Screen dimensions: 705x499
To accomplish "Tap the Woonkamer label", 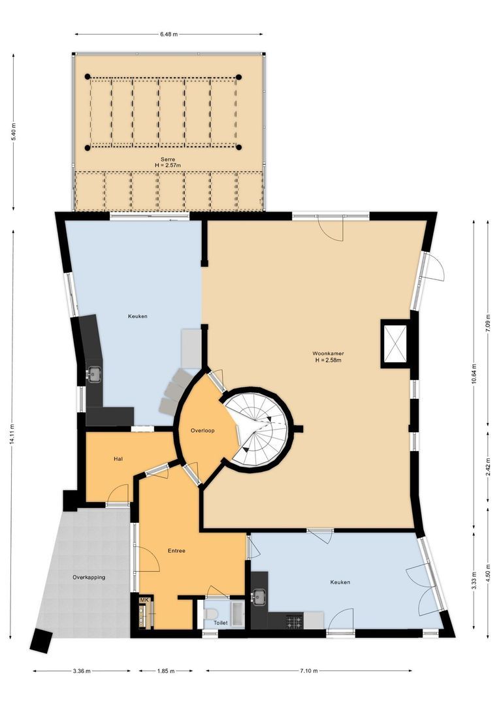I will tap(329, 354).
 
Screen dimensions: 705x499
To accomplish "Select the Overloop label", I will tap(202, 431).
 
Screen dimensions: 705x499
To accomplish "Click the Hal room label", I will tap(118, 459).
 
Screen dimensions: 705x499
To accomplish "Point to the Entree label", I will tap(176, 551).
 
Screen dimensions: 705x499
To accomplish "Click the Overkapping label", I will tap(89, 577).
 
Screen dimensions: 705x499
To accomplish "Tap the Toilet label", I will tap(221, 623).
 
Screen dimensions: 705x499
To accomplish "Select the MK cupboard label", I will tap(144, 600).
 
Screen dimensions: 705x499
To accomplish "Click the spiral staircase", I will tap(258, 429).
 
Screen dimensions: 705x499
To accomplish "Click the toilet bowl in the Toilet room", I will tap(210, 614).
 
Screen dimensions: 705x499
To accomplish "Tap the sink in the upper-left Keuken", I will tap(95, 374).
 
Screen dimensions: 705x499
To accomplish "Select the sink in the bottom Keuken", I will tap(259, 595).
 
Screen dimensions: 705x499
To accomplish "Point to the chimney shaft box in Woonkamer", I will tap(395, 343).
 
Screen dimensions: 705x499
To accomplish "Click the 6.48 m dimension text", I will tap(169, 34).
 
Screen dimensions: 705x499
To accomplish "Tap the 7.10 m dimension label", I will tap(309, 670).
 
